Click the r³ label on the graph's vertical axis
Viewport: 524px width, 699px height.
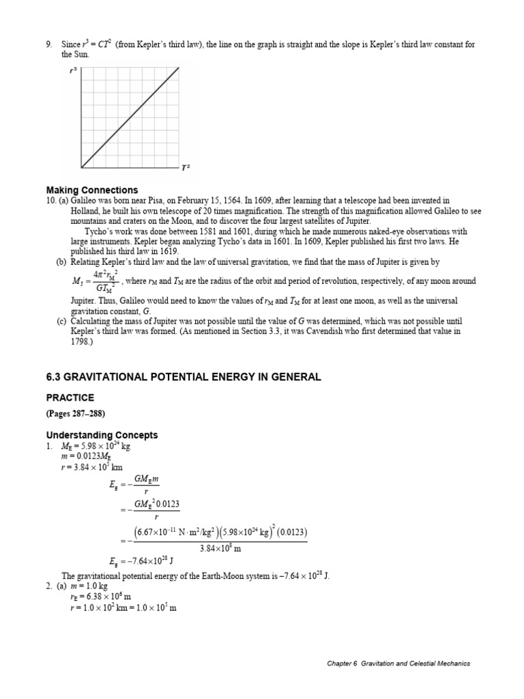pyautogui.click(x=73, y=69)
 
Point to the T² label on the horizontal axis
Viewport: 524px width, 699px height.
pyautogui.click(x=185, y=167)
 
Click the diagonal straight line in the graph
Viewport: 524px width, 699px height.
pyautogui.click(x=130, y=116)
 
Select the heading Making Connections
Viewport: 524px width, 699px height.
pyautogui.click(x=91, y=190)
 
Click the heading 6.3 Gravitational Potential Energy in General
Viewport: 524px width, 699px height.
pyautogui.click(x=183, y=377)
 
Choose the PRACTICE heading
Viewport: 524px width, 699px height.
pyautogui.click(x=70, y=397)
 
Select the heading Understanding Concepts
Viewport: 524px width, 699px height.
pyautogui.click(x=102, y=435)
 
